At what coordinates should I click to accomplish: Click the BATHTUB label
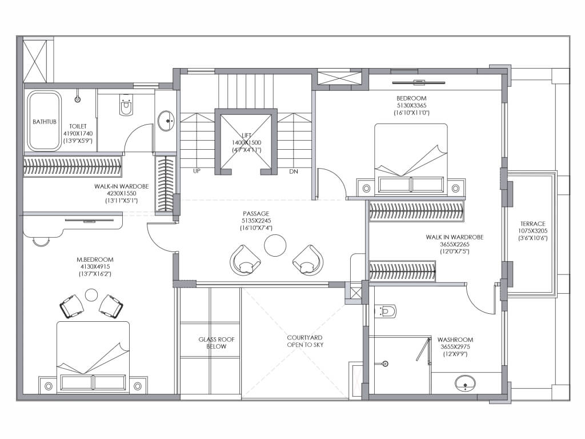point(45,122)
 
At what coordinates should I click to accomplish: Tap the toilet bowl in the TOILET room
point(126,106)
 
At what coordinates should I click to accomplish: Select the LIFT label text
point(247,135)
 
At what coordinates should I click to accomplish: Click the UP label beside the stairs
point(197,171)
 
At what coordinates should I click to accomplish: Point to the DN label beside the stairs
point(294,171)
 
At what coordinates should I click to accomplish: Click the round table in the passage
point(275,245)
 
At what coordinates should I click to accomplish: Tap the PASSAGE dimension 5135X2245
point(256,221)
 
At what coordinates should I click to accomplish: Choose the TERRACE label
point(533,224)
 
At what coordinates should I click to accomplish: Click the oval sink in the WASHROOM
point(465,383)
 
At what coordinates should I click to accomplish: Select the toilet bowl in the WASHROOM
point(386,311)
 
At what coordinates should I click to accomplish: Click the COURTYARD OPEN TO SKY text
point(305,341)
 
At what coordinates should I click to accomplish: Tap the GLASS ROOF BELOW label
point(217,343)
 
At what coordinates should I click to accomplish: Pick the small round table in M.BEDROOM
point(91,294)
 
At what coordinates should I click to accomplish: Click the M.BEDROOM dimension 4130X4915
point(95,266)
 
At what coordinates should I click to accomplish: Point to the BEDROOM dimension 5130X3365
point(411,105)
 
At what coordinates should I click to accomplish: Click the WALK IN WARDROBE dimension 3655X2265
point(454,244)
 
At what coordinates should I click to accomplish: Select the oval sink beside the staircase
point(166,121)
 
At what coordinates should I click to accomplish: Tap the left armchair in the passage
point(245,260)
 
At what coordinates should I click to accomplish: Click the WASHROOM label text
point(455,340)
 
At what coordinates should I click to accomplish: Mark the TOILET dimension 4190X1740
point(78,134)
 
